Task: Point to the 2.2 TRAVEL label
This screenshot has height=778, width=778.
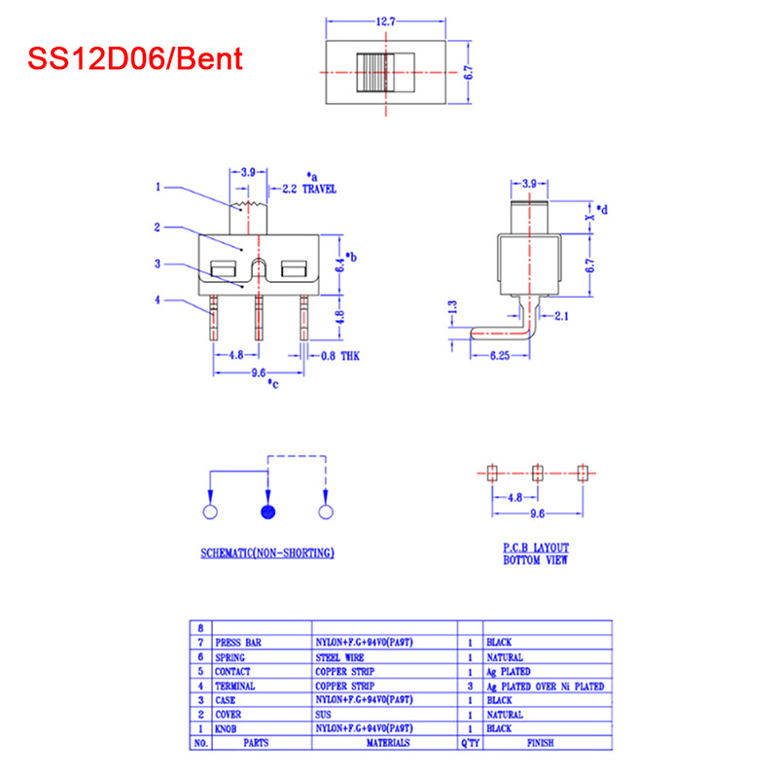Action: click(x=308, y=189)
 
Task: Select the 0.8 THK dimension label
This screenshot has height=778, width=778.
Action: click(x=340, y=357)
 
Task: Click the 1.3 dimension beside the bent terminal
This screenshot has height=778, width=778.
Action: click(x=450, y=308)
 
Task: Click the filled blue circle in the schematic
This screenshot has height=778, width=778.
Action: click(x=267, y=513)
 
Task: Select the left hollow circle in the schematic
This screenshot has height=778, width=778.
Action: click(x=209, y=513)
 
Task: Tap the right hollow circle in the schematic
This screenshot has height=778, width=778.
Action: click(x=326, y=513)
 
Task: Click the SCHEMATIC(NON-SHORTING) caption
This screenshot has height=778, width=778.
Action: click(x=267, y=553)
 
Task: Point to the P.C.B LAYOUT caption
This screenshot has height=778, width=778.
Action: click(x=536, y=548)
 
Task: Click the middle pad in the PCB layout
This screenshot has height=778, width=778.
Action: click(x=536, y=473)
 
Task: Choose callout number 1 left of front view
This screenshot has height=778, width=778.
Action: click(x=157, y=187)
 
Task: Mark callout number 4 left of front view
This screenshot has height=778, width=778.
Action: click(x=157, y=301)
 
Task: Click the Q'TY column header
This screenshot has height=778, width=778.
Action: click(x=471, y=743)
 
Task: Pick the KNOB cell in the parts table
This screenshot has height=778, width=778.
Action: click(x=228, y=728)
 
